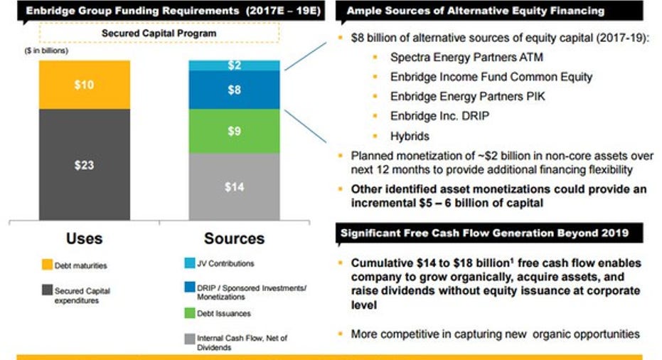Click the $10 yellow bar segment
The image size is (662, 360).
[85, 85]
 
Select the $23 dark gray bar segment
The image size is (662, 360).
[85, 165]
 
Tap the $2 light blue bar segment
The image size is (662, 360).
[235, 65]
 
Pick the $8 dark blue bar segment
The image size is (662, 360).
[235, 90]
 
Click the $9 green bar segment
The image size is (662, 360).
[235, 131]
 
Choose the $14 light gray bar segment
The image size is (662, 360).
[235, 186]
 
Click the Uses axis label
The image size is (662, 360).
[85, 239]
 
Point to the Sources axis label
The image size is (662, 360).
[235, 239]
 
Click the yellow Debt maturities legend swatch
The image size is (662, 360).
[47, 265]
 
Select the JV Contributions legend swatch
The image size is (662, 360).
[190, 263]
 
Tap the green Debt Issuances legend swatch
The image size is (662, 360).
[190, 313]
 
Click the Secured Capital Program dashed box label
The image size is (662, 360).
[159, 33]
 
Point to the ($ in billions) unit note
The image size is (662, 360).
[46, 51]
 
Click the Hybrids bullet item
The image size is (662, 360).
[410, 136]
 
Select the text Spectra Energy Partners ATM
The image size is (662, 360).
[466, 57]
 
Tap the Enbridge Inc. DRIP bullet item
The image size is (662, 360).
[439, 116]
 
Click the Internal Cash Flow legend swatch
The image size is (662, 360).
[190, 339]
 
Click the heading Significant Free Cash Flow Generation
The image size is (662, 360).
[485, 233]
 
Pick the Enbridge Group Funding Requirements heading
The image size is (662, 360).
[173, 11]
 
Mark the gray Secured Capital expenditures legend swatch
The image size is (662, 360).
[47, 290]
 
